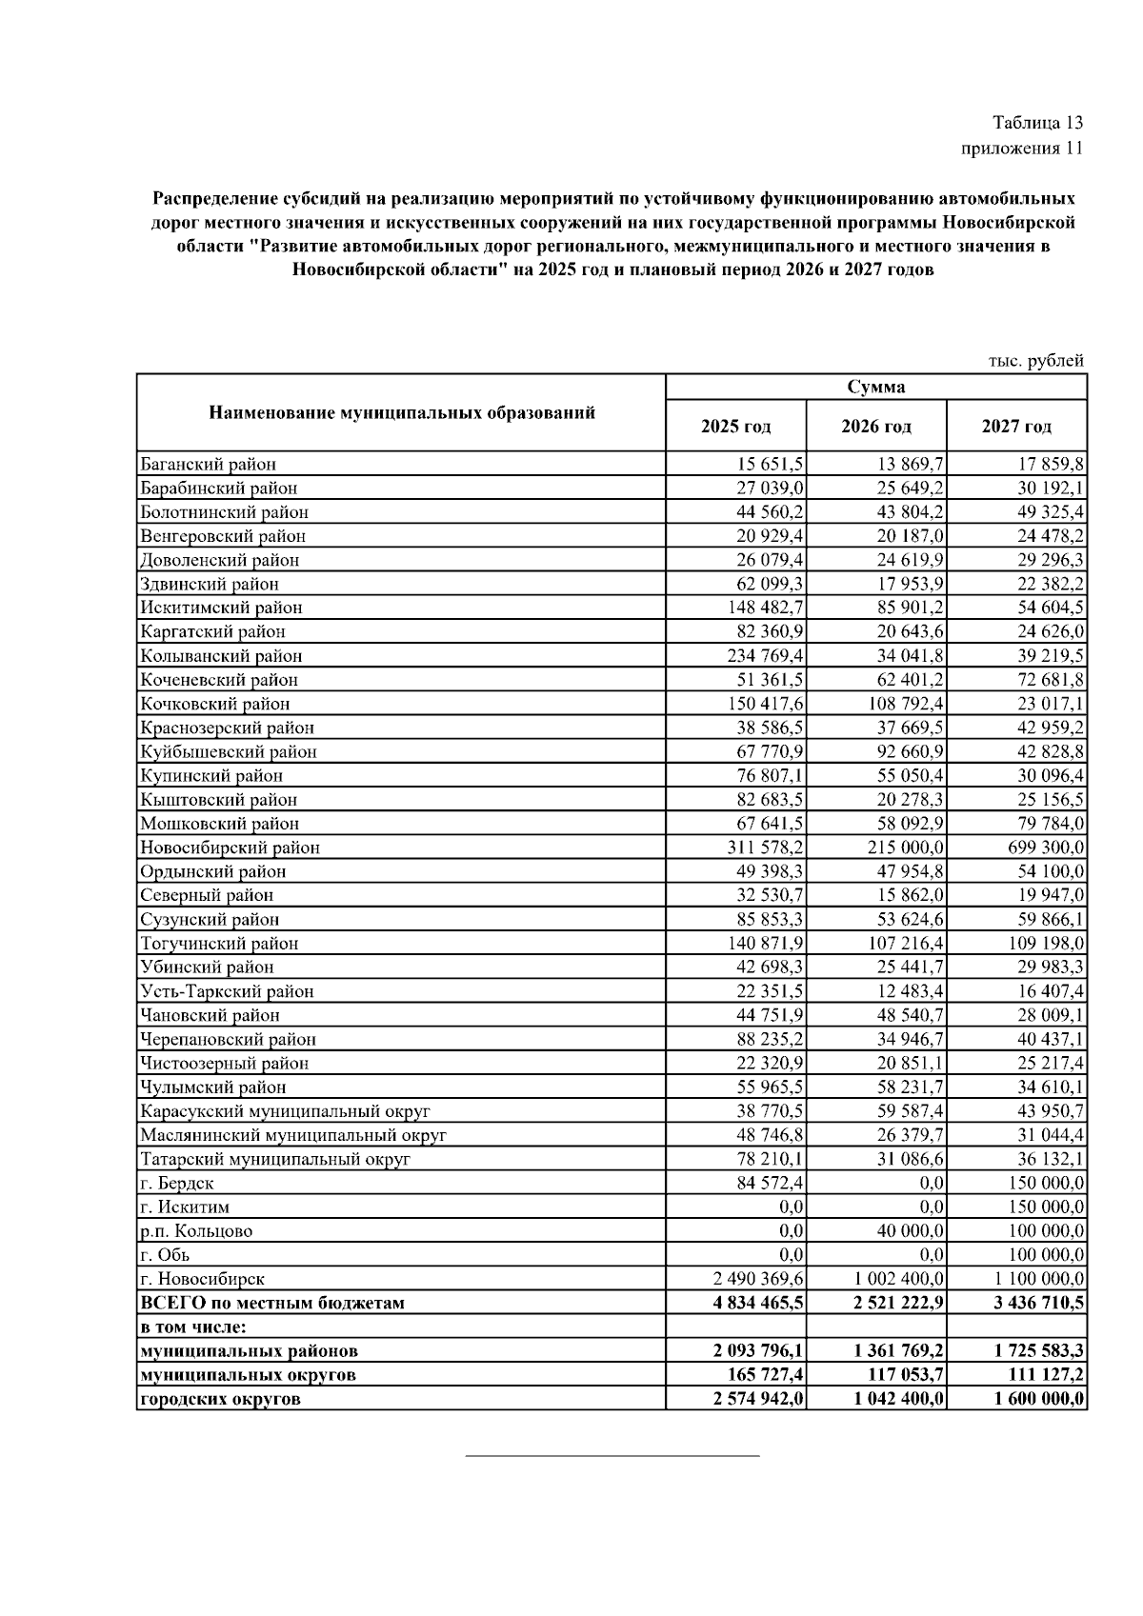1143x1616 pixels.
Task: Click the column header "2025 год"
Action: [x=735, y=426]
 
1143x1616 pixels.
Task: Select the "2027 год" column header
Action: [x=1016, y=426]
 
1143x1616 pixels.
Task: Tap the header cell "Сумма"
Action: [x=875, y=387]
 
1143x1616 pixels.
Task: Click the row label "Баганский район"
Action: [x=209, y=465]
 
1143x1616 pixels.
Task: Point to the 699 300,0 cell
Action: [x=1045, y=848]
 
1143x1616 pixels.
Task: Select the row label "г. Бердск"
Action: [x=177, y=1183]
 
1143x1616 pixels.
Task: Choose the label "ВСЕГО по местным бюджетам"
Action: [x=272, y=1303]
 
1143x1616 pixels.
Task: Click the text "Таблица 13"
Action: [x=1037, y=123]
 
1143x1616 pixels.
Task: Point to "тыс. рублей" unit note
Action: [x=1036, y=361]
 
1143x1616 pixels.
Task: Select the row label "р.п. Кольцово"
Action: [x=196, y=1230]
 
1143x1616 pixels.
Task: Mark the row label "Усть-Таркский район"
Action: [x=227, y=991]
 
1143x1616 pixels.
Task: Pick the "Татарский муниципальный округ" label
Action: [x=275, y=1159]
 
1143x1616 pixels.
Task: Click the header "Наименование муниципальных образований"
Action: [x=401, y=413]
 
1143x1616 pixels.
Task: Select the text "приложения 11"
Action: [x=1022, y=149]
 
